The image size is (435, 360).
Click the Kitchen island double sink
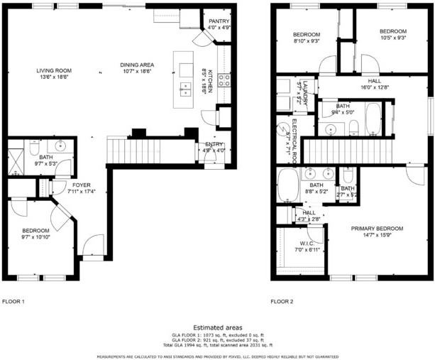[x=186, y=89]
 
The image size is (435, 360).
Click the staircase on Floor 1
[x=150, y=151]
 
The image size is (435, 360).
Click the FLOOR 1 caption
[x=13, y=302]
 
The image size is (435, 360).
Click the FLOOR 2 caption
[x=282, y=302]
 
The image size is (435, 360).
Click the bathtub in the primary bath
[x=288, y=186]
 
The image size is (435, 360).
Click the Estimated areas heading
[x=217, y=327]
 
